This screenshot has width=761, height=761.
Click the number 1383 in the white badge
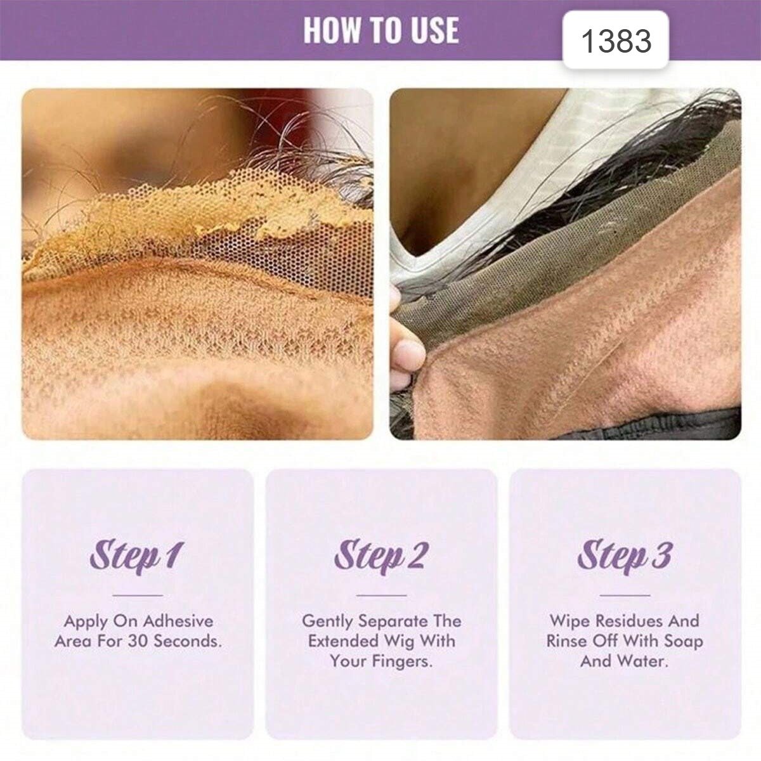coord(616,41)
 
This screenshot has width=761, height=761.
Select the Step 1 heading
coord(137,556)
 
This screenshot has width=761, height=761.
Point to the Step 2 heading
coord(380,556)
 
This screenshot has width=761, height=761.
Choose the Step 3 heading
coord(625,556)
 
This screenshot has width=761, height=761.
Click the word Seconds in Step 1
coord(188,641)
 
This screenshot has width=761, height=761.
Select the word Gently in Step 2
coord(327,622)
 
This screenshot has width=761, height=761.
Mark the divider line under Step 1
coord(138,595)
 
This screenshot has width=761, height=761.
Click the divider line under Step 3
coord(625,595)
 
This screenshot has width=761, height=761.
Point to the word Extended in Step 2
coord(343,641)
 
